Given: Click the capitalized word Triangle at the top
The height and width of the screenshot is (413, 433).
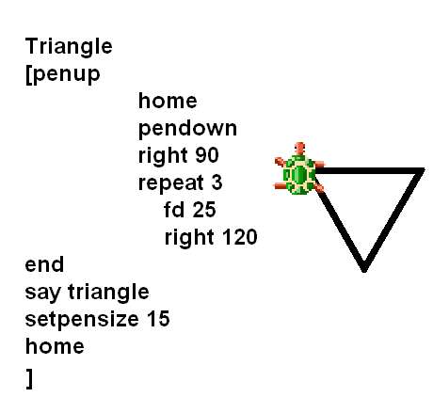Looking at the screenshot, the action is click(x=69, y=47).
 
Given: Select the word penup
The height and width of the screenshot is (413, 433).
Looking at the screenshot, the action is click(x=66, y=75).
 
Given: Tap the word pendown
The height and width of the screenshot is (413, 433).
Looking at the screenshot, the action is click(x=187, y=129).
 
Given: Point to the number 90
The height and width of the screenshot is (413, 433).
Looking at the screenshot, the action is click(x=207, y=155).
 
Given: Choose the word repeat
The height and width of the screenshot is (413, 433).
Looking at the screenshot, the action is click(x=171, y=183).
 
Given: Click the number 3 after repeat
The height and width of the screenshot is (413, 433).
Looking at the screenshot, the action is click(x=216, y=183).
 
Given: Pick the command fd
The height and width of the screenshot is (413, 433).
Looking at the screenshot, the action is click(x=174, y=210).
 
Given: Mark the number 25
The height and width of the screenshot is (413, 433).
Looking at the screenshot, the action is click(x=204, y=210).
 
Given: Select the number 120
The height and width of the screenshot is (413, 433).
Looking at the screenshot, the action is click(x=240, y=237).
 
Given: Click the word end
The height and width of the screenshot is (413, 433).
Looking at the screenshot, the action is click(x=44, y=264).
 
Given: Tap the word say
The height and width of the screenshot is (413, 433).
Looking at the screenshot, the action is click(x=42, y=293).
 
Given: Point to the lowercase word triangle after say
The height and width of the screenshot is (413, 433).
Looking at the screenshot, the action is click(x=108, y=293).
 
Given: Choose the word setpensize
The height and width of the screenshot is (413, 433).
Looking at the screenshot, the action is click(x=82, y=320).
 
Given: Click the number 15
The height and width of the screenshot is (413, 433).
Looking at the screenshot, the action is click(x=158, y=319).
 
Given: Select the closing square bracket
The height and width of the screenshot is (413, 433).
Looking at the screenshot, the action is click(x=29, y=379).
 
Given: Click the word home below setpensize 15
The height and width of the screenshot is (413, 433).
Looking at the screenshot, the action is click(x=55, y=346).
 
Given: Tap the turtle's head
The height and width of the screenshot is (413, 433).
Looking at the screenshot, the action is click(x=300, y=148).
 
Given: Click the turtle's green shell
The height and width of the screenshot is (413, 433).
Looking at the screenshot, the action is click(x=299, y=174).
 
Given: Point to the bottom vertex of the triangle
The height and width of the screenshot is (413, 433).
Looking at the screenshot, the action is click(x=364, y=270).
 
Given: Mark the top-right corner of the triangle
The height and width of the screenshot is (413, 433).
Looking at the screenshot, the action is click(x=423, y=170).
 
